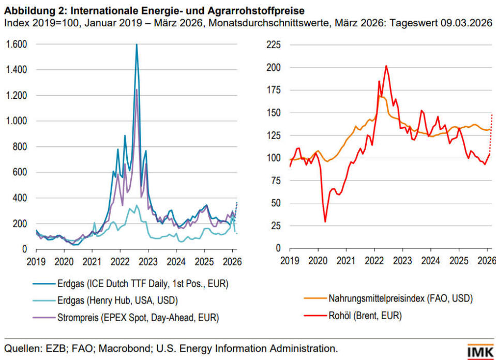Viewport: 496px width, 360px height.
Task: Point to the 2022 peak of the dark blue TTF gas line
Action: tap(137, 45)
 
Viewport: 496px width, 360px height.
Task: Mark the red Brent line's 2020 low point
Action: tap(325, 221)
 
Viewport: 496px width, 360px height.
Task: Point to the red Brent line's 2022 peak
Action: tap(386, 66)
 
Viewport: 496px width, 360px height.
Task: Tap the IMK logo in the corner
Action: tap(480, 352)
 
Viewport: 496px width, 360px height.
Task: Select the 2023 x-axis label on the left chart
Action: tap(148, 261)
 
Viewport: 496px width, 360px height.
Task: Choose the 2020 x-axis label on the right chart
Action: tap(317, 261)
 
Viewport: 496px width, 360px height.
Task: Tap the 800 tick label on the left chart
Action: tap(19, 146)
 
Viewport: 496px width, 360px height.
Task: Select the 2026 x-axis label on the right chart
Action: tap(486, 261)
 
